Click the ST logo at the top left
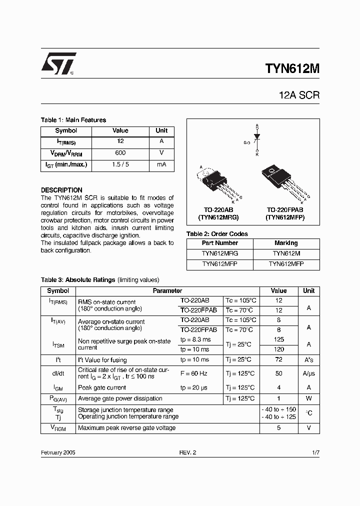tap(58, 63)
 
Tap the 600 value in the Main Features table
tap(120, 153)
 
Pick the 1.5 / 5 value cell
tap(120, 164)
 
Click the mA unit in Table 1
tap(161, 164)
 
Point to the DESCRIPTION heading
tap(61, 190)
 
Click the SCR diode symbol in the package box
tap(257, 136)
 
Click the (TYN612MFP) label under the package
tap(285, 218)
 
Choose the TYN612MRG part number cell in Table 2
tap(220, 253)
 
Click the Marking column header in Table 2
tap(286, 243)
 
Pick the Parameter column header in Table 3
tap(167, 290)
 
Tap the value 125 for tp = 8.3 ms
tap(278, 340)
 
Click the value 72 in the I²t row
tap(278, 360)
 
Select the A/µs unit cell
tap(308, 374)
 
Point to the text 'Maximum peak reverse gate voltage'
tap(126, 428)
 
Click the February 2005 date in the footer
tap(58, 452)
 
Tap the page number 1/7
tap(315, 452)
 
